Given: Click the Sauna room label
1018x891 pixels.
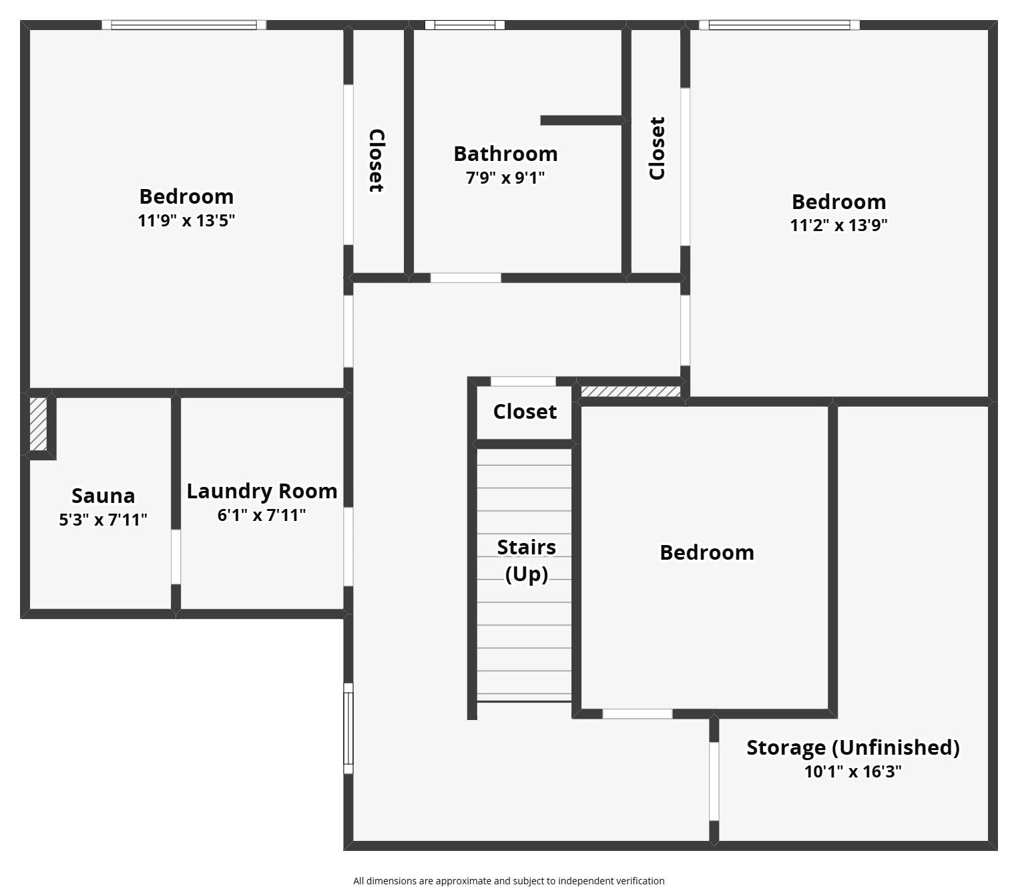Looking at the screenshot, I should click(x=103, y=496).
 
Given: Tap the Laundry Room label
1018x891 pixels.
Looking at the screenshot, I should click(x=262, y=491).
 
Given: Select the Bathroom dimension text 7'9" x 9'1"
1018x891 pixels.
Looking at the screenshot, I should click(x=505, y=178).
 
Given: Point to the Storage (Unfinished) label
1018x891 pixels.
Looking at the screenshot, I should click(x=852, y=747).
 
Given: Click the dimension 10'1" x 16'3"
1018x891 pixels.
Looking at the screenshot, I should click(x=852, y=771).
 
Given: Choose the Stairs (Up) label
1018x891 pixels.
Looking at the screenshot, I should click(x=526, y=560).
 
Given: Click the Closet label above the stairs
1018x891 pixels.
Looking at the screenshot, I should click(x=525, y=411).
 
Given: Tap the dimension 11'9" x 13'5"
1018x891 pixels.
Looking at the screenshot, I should click(x=186, y=220).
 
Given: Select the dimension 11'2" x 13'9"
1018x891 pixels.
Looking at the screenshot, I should click(x=838, y=225).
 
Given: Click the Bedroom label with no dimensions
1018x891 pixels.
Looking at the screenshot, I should click(x=707, y=552).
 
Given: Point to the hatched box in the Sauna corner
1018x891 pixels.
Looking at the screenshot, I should click(x=39, y=424).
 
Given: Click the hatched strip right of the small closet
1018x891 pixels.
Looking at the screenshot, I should click(x=630, y=391).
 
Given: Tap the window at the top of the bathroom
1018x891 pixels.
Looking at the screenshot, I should click(x=465, y=25).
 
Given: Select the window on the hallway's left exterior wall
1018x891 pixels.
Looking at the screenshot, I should click(x=348, y=728).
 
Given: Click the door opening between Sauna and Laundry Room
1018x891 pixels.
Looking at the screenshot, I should click(x=176, y=557).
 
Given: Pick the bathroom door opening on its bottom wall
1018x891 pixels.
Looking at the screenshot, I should click(x=465, y=278).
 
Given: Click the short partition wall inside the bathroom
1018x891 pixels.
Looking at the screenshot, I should click(x=582, y=120).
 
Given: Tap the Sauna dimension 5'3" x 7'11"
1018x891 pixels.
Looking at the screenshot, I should click(x=103, y=520).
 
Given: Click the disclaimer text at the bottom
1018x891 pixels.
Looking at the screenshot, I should click(x=509, y=881).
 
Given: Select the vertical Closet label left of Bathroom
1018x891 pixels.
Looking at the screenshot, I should click(x=376, y=160).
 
